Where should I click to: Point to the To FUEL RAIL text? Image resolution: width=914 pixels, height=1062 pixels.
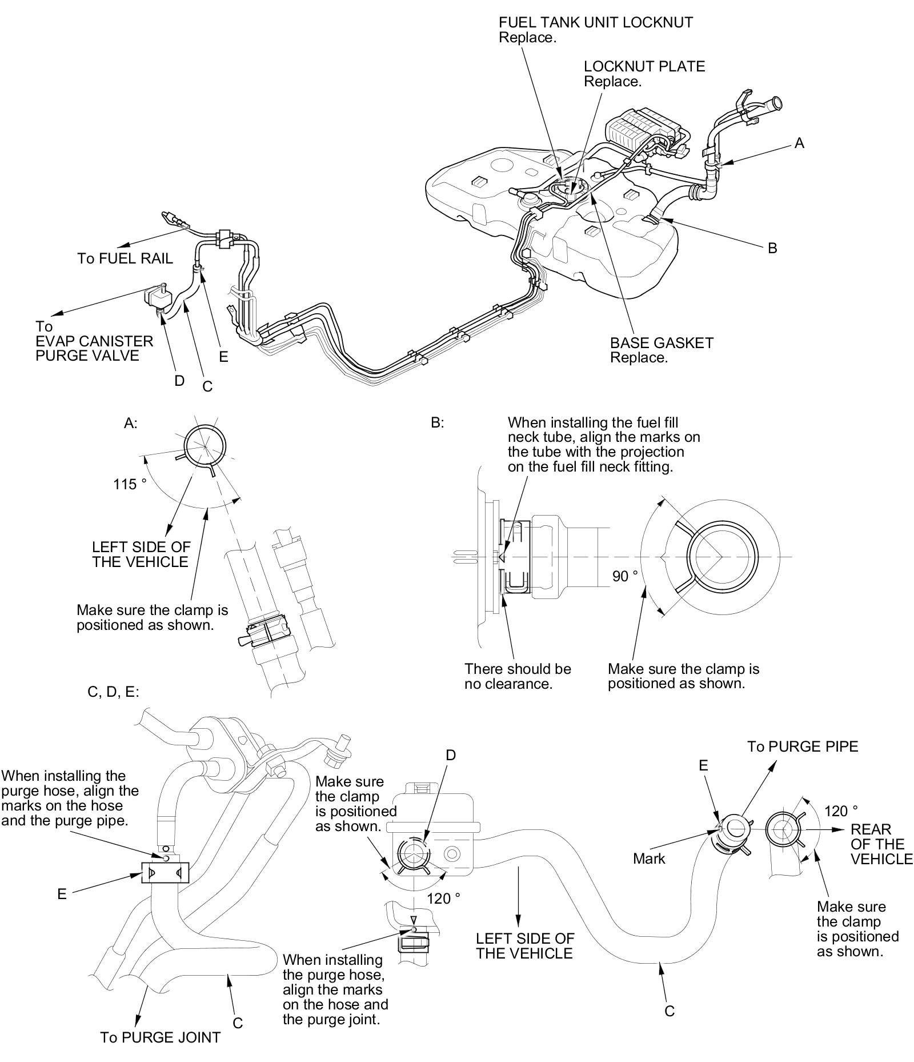tap(125, 259)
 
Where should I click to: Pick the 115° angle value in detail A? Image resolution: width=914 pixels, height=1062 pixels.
tap(130, 485)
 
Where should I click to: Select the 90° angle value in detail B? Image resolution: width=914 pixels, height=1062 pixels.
tap(625, 576)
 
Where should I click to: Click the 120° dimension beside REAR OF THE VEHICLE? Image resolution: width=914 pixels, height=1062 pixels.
tap(841, 811)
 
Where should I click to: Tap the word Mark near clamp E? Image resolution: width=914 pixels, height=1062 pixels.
tap(649, 859)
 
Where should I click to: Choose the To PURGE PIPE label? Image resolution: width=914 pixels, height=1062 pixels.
tap(803, 746)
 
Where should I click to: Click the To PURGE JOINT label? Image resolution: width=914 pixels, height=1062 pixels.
tap(160, 1037)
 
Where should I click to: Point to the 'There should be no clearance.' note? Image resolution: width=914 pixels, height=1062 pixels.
tap(517, 676)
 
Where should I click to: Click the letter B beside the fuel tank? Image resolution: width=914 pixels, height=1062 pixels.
tap(772, 248)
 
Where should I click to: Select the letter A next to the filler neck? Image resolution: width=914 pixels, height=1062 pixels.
tap(799, 143)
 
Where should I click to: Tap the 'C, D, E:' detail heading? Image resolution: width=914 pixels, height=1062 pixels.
tap(113, 692)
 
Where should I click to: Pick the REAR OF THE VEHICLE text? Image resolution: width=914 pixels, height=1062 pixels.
tap(881, 844)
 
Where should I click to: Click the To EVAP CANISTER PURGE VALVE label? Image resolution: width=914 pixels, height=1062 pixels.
tap(94, 341)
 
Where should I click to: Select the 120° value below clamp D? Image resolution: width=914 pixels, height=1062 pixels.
tap(443, 899)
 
